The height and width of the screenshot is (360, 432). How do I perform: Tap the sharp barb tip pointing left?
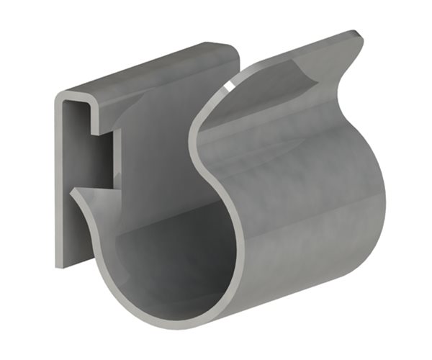[x=72, y=193]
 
